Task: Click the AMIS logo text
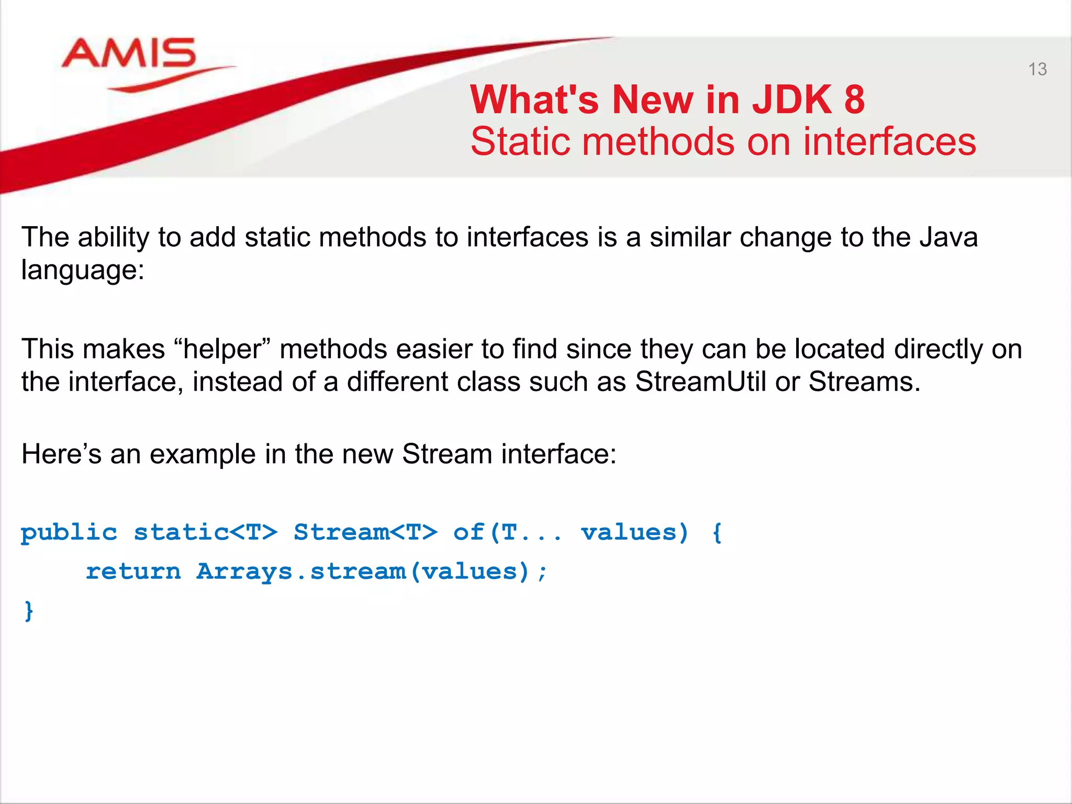point(129,53)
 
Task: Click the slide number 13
point(1037,69)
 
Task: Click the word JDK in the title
point(791,99)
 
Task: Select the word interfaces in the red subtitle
point(889,142)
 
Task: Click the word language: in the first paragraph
point(83,271)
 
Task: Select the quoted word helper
point(222,349)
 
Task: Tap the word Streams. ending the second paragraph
point(864,382)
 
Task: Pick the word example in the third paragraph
point(203,454)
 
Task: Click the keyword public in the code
point(69,533)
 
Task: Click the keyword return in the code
point(133,571)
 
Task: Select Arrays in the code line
point(244,571)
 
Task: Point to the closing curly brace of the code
point(29,611)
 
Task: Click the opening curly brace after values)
point(717,533)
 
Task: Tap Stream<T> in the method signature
point(365,532)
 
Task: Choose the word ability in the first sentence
point(113,238)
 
